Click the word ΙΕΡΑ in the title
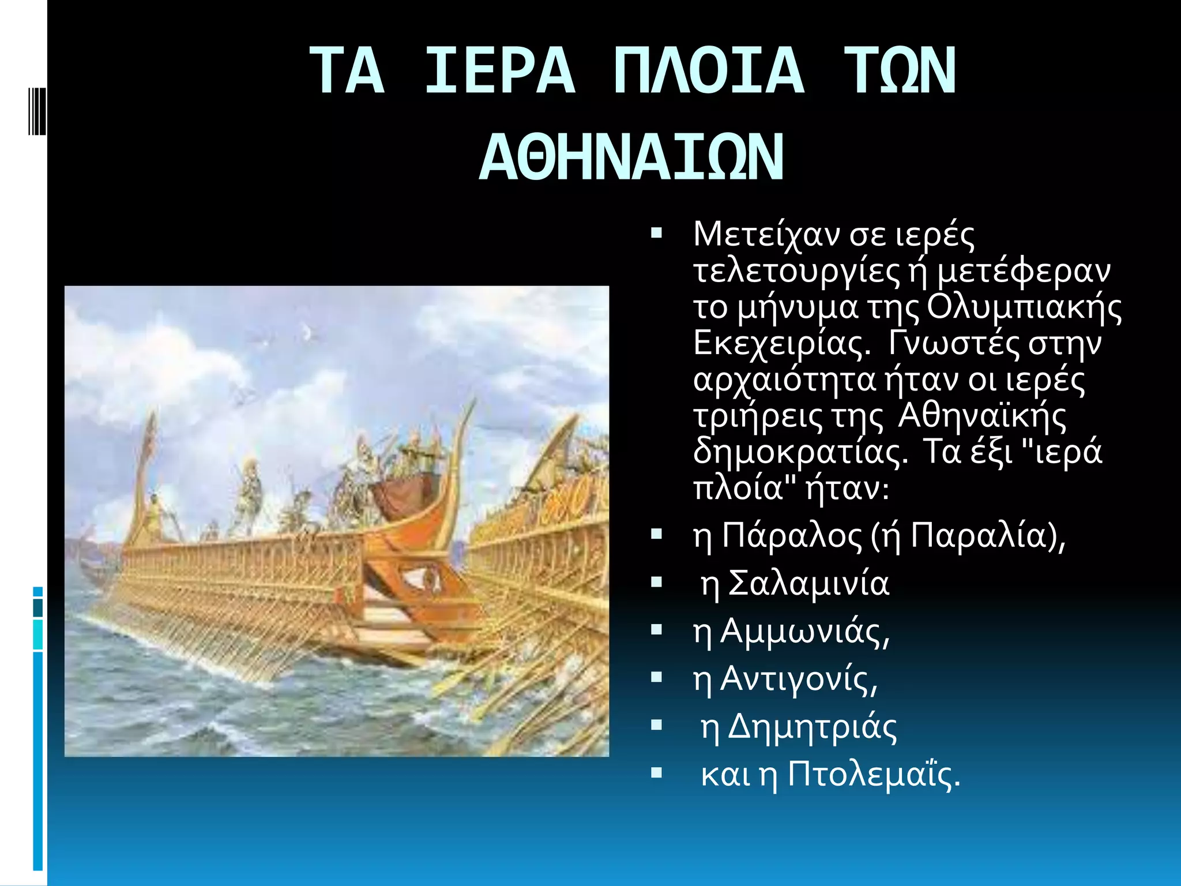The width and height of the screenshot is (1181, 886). (x=499, y=72)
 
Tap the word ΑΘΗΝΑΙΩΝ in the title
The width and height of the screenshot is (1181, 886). (x=631, y=157)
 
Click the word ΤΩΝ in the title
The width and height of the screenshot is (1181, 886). (x=900, y=72)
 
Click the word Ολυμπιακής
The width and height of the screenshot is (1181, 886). (x=1024, y=308)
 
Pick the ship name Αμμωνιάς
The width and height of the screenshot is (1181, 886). (x=805, y=632)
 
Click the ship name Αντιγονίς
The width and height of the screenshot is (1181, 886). (x=799, y=679)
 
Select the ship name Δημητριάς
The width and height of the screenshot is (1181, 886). (x=812, y=727)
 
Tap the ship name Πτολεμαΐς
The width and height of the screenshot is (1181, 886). (x=874, y=775)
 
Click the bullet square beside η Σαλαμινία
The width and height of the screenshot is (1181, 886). (x=656, y=583)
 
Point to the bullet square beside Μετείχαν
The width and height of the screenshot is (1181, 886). (x=656, y=234)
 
